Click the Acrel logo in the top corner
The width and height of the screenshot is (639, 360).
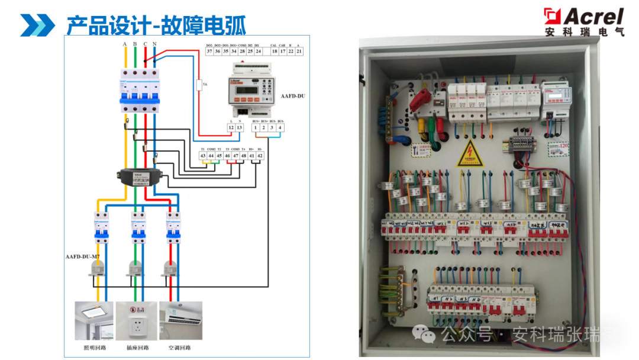pos(584,21)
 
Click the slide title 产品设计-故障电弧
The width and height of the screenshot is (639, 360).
pos(156,25)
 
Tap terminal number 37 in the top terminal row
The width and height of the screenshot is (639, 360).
pos(209,52)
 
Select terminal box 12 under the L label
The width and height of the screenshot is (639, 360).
pos(231,127)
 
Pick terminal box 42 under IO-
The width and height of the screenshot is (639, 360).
pos(260,155)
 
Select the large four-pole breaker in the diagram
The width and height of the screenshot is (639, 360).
pos(140,90)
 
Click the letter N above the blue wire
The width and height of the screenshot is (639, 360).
pos(154,44)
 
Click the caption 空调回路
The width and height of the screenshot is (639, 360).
pos(180,348)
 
